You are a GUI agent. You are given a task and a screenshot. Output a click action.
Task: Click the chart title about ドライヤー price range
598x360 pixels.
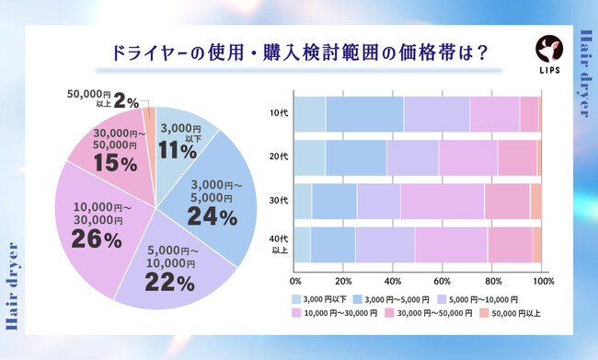click(x=298, y=52)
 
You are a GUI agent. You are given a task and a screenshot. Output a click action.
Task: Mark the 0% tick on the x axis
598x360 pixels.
click(x=295, y=280)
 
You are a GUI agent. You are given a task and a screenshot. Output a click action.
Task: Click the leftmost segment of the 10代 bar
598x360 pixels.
click(x=310, y=113)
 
